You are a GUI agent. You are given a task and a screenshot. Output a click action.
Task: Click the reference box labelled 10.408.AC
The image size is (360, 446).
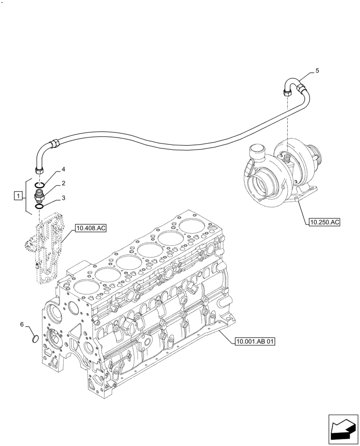click(x=91, y=229)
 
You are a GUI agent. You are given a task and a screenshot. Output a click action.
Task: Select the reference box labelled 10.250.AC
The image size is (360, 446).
click(x=323, y=222)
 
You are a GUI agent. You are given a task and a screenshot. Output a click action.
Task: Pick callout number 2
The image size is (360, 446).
click(x=64, y=183)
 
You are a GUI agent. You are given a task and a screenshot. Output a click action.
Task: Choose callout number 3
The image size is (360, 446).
click(x=64, y=198)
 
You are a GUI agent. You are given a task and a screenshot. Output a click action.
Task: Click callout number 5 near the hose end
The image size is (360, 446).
click(x=317, y=70)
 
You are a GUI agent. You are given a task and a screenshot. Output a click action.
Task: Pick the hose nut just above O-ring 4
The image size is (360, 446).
click(x=39, y=169)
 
